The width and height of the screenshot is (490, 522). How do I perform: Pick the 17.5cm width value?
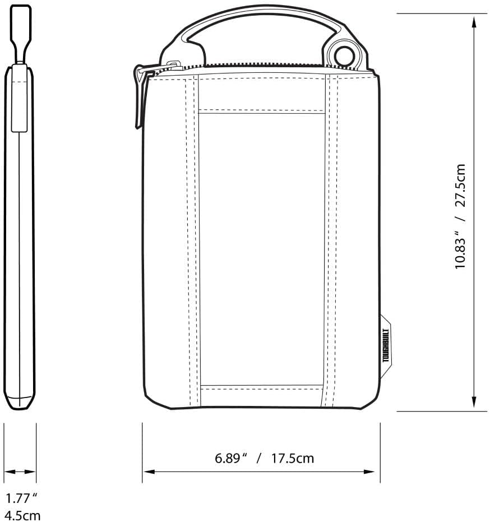point(293,458)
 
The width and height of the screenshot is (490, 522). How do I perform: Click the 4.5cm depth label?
point(22,515)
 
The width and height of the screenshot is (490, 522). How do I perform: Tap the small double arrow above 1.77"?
point(20,472)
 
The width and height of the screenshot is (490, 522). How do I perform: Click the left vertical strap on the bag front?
point(193,241)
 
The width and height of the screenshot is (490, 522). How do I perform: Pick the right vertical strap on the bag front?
point(331,241)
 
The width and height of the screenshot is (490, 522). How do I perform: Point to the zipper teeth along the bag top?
point(258,66)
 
